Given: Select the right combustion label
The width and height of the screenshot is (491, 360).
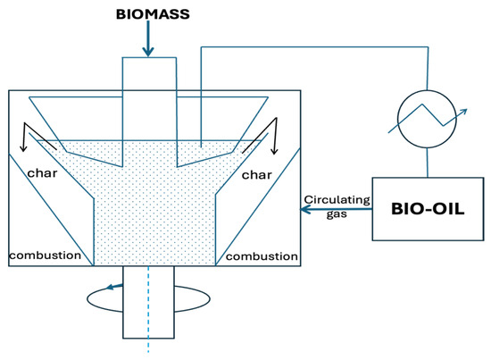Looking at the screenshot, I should [x=261, y=256].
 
